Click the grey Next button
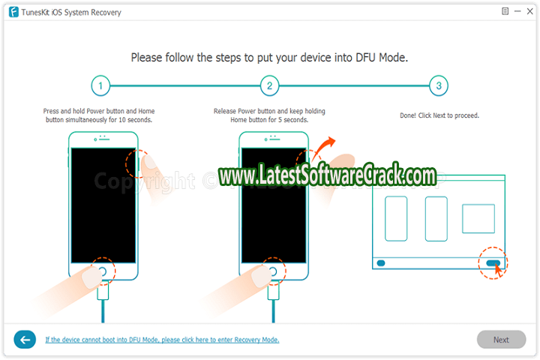pos(501,340)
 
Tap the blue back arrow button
pos(25,340)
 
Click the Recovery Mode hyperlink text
pos(162,340)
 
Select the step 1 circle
pos(100,85)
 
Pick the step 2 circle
pos(270,85)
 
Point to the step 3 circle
pos(439,85)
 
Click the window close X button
pos(530,11)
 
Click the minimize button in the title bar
pos(517,11)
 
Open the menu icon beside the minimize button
pos(505,11)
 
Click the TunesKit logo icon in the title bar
pos(13,12)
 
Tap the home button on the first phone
pos(103,271)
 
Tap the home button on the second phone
pos(273,271)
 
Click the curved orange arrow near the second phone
pos(324,147)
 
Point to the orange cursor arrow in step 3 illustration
pos(498,269)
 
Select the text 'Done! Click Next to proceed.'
pos(439,115)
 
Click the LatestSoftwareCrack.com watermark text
pos(328,175)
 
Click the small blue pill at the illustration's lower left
pos(381,263)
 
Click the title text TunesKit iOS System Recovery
pos(71,13)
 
